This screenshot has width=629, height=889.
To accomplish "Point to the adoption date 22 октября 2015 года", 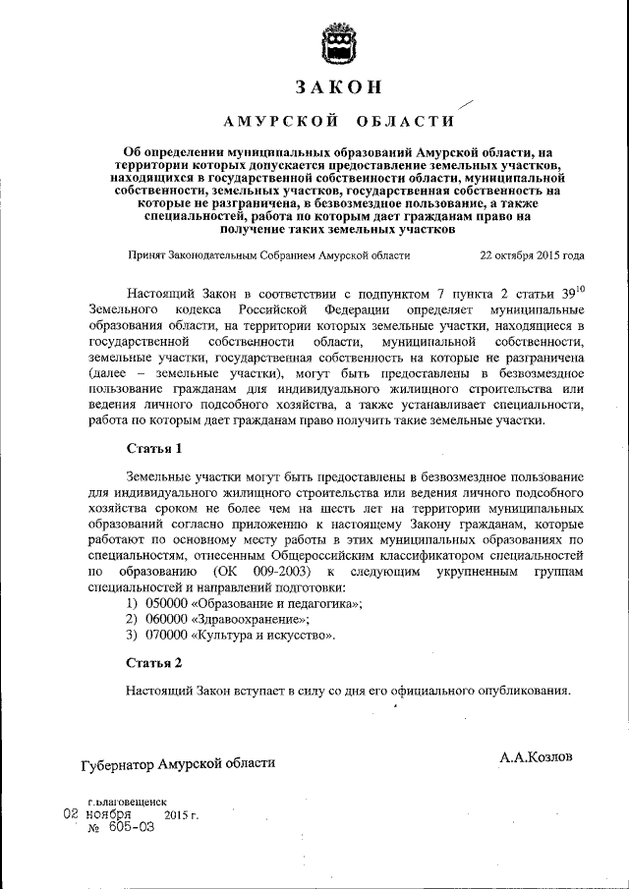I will pos(532,254).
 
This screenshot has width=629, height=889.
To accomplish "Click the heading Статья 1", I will pos(154,449).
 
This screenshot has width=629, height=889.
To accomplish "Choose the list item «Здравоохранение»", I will pos(253,619).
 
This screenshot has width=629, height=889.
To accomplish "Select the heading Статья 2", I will pos(154,663).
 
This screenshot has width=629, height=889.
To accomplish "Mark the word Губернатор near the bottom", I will pos(123,762).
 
